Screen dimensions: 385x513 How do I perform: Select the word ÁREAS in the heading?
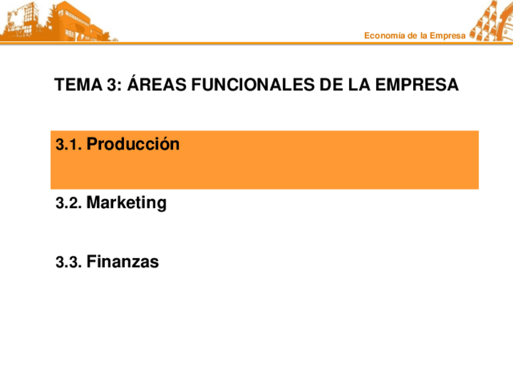tap(157, 85)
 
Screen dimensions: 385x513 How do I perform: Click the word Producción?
tap(133, 145)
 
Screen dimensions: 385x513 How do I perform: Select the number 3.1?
tap(68, 145)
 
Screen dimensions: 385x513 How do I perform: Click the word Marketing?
tap(126, 203)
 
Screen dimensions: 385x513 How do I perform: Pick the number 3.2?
tap(68, 204)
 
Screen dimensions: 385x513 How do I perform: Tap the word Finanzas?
tap(123, 262)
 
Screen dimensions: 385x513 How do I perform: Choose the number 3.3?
tap(68, 263)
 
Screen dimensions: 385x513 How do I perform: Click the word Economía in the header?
tap(384, 36)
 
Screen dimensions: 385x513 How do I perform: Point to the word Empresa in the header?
tap(448, 36)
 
